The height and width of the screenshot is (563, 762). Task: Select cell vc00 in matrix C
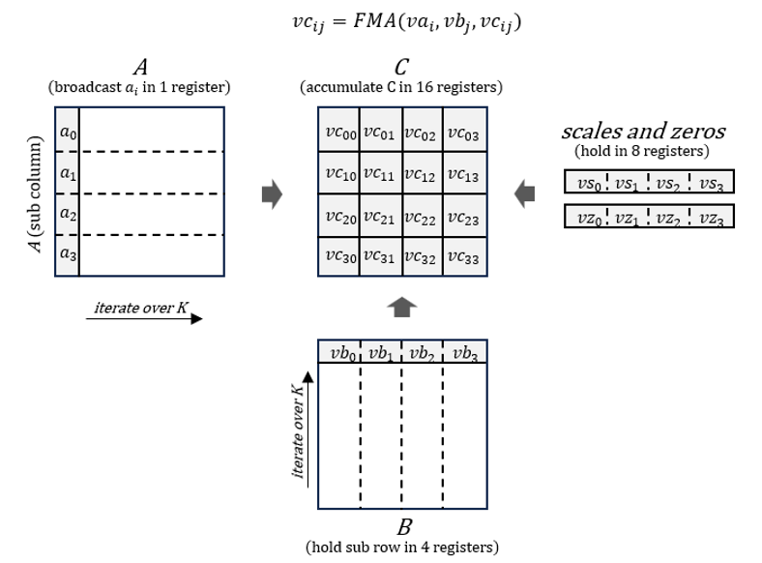point(338,134)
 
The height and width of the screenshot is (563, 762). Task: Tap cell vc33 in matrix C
point(464,258)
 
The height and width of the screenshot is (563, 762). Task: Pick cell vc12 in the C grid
point(423,176)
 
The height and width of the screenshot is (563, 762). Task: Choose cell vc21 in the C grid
point(381,218)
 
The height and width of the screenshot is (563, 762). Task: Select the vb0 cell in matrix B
point(339,352)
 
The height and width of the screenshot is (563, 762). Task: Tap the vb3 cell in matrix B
point(465,352)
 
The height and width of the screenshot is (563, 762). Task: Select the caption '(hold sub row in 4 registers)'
point(401,548)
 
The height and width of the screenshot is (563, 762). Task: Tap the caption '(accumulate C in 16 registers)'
point(401,88)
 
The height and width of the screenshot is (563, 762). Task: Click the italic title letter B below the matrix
point(404,527)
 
